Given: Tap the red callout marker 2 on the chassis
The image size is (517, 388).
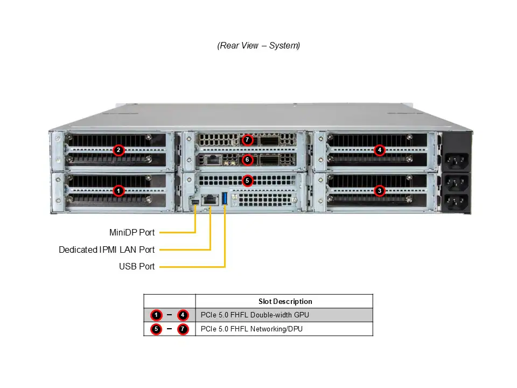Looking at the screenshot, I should click(x=119, y=150).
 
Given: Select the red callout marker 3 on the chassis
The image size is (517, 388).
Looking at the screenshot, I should click(x=380, y=190).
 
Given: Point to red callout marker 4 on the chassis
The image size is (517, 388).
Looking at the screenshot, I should click(x=380, y=150).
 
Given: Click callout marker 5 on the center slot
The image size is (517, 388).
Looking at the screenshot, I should click(x=247, y=181).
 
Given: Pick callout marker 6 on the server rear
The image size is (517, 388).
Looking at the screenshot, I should click(x=247, y=160).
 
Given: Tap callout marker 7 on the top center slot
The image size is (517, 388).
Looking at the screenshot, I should click(x=247, y=140).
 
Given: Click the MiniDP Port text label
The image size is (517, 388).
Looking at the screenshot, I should click(x=132, y=233).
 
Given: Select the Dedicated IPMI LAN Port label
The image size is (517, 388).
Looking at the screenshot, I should click(x=107, y=250).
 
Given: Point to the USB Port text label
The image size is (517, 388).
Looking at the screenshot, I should click(x=137, y=266).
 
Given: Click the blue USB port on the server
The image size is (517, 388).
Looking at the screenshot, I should click(x=225, y=198).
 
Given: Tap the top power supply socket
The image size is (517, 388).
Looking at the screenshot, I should click(x=456, y=160).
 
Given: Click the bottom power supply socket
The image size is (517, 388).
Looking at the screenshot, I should click(x=456, y=203).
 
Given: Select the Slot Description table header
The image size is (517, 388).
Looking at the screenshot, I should click(x=285, y=301).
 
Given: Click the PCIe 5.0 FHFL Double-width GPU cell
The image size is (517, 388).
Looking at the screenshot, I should click(x=255, y=315).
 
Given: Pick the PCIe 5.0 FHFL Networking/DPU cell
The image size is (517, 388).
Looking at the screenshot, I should click(x=251, y=329).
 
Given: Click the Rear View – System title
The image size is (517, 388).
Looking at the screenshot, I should click(x=258, y=46).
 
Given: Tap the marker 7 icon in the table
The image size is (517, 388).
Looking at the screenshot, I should click(x=183, y=329).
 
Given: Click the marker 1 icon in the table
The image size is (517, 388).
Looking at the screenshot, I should click(x=156, y=315).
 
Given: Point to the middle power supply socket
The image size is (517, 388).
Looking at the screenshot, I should click(x=456, y=182).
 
